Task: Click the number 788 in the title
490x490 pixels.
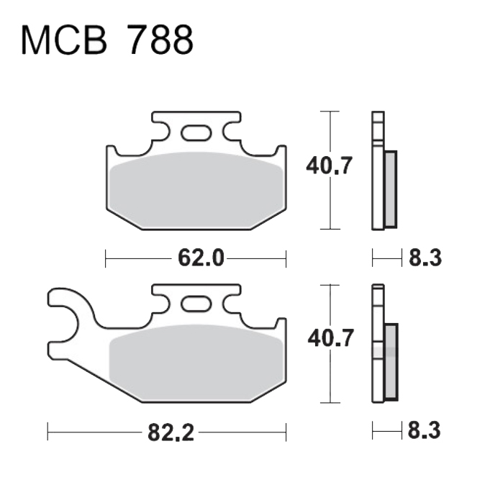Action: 161,40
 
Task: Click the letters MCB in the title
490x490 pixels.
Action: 64,40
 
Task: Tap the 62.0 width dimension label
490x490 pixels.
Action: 201,258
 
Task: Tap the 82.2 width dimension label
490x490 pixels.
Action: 171,432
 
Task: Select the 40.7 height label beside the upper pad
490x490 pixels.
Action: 329,165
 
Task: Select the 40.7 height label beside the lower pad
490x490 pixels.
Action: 331,337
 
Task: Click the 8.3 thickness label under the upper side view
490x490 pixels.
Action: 425,258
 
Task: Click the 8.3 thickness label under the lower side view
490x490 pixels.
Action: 424,430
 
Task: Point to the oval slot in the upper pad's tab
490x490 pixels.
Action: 196,132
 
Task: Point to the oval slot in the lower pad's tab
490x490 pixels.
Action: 196,304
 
